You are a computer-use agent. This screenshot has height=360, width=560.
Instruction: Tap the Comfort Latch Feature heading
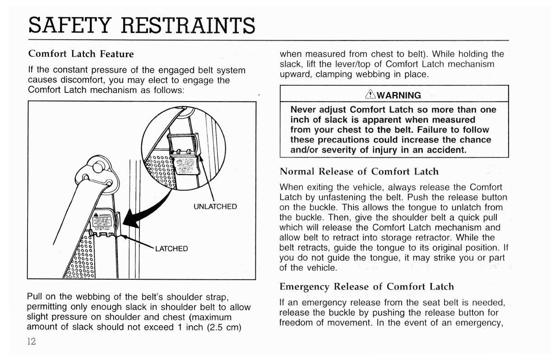81,54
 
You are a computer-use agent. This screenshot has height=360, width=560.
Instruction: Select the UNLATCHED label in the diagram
215,207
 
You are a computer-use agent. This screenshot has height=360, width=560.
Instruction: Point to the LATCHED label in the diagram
171,249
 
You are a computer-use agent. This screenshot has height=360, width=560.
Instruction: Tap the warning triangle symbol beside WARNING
371,95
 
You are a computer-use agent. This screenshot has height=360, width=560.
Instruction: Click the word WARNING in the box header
399,95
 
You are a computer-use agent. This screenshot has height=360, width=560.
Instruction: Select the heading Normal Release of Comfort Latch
359,171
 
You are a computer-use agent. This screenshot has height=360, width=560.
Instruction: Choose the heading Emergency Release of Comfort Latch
366,286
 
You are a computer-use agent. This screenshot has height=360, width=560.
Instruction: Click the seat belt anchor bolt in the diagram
97,168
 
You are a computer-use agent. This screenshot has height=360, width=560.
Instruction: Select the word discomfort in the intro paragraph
68,80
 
